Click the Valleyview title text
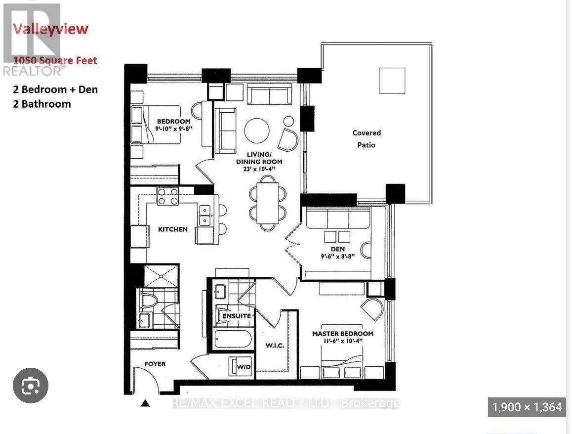click(50, 29)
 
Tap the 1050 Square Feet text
click(55, 61)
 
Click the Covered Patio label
click(367, 139)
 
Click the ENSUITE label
click(237, 316)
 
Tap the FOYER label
click(155, 364)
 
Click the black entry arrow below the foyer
click(145, 403)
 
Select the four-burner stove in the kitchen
click(168, 196)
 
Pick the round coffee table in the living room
click(257, 130)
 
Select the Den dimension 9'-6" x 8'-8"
click(338, 257)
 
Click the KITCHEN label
click(172, 229)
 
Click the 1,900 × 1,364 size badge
click(527, 407)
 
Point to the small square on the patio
click(392, 80)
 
